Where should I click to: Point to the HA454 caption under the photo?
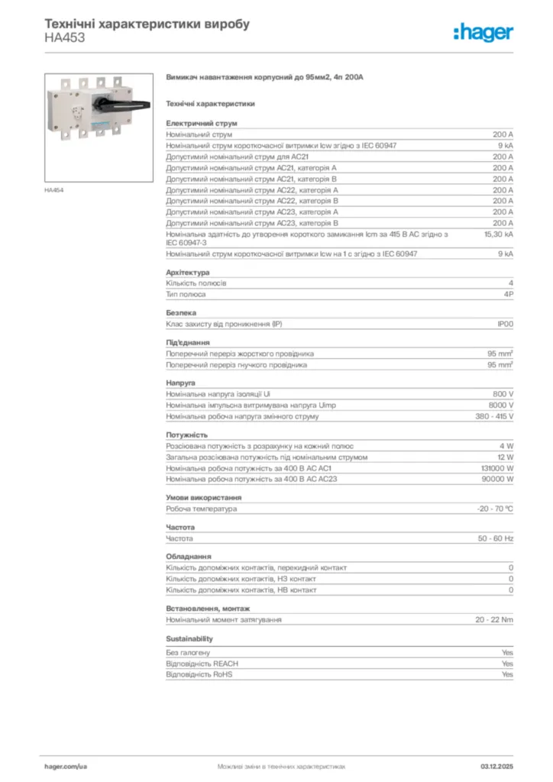pyautogui.click(x=53, y=190)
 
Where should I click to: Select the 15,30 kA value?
pyautogui.click(x=498, y=234)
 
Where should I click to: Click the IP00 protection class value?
pyautogui.click(x=505, y=325)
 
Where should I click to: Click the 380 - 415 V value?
pyautogui.click(x=494, y=416)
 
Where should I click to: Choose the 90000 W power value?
pyautogui.click(x=498, y=479)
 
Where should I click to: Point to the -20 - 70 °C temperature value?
pyautogui.click(x=495, y=509)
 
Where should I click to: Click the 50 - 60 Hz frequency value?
pyautogui.click(x=496, y=538)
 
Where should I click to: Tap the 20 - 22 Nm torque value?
pyautogui.click(x=494, y=619)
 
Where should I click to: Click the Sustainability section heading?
pyautogui.click(x=189, y=638)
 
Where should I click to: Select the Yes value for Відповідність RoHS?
pyautogui.click(x=507, y=675)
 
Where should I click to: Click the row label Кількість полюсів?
pyautogui.click(x=196, y=283)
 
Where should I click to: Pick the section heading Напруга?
pyautogui.click(x=181, y=382)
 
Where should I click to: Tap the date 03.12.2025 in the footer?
pyautogui.click(x=497, y=765)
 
